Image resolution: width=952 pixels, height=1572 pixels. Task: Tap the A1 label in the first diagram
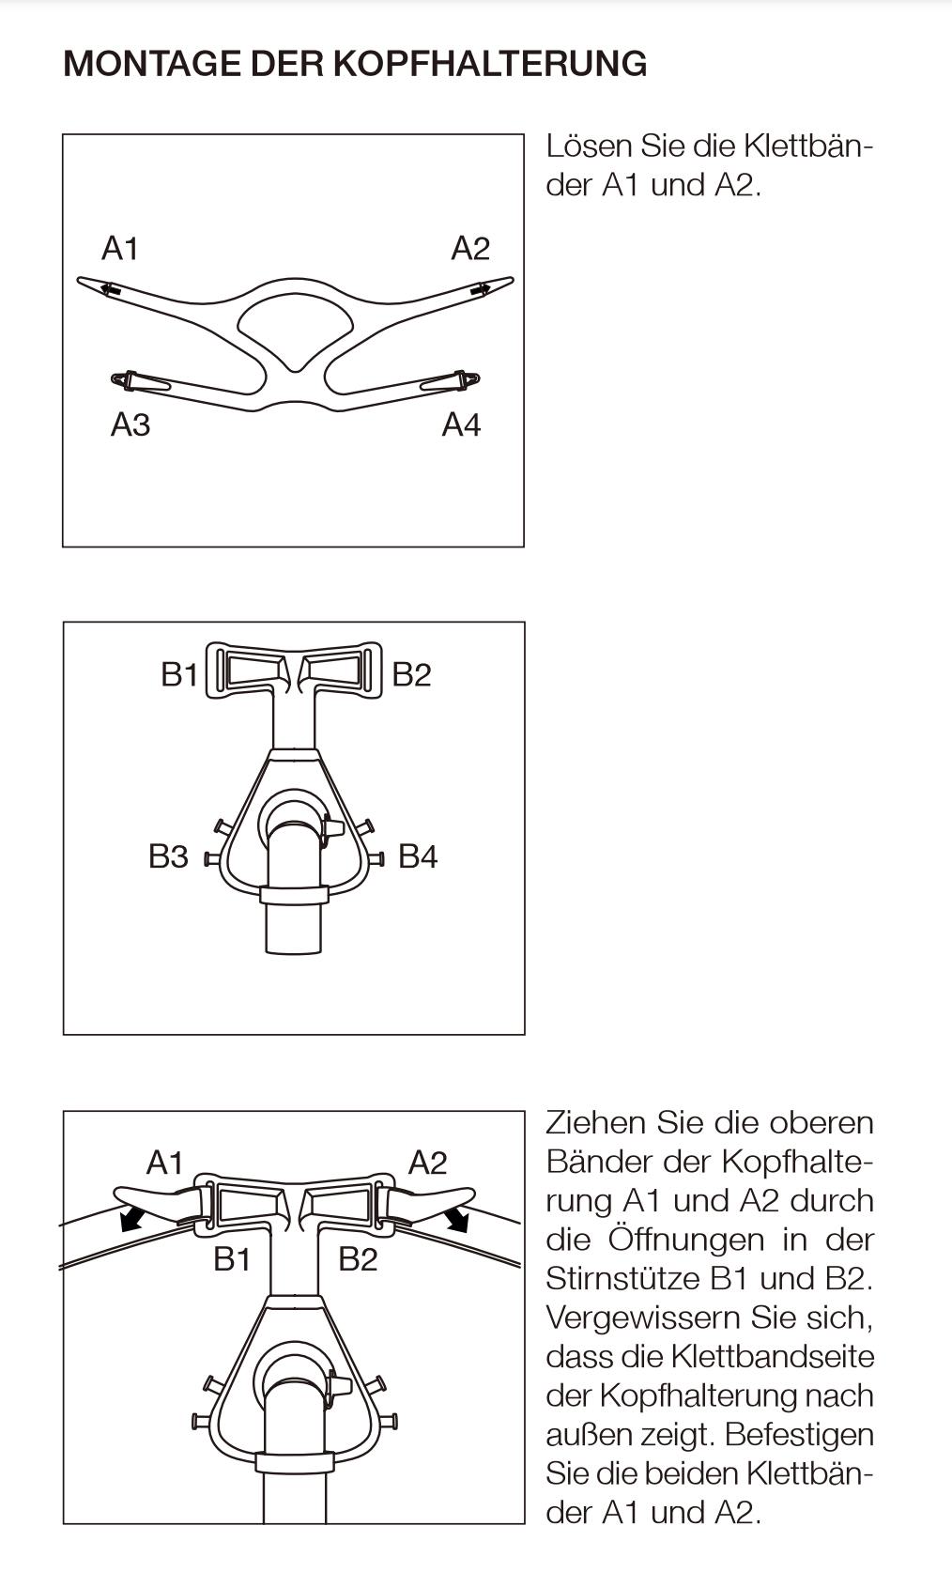[120, 249]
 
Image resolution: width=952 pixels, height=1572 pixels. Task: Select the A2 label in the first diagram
[470, 249]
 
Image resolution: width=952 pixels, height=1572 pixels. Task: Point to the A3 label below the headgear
[131, 425]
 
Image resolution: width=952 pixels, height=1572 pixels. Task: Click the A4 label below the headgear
[461, 425]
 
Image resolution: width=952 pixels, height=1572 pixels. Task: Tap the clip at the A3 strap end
[122, 379]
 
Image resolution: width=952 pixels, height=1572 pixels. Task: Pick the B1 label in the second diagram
[179, 674]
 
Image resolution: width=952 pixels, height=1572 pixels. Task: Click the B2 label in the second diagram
[411, 674]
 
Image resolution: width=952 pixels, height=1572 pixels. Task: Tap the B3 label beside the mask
[168, 856]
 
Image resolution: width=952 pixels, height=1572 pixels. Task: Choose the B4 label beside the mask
[418, 856]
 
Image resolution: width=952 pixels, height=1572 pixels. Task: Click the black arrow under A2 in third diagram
[457, 1219]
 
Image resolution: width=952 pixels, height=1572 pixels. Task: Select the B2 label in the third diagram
[358, 1259]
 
